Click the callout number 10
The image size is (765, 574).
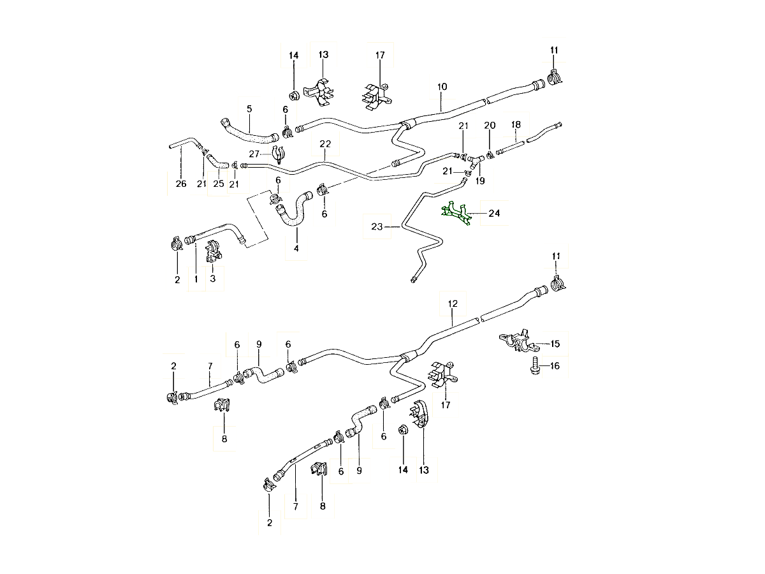pos(442,86)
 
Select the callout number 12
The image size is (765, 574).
pos(453,304)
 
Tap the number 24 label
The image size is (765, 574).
pos(494,213)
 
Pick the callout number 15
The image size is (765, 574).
pos(555,344)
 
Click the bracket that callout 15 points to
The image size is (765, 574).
pos(516,341)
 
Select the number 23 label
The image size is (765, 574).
pos(376,226)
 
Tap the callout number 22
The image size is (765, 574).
pos(325,144)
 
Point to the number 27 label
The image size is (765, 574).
pos(254,154)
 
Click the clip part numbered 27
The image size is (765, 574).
pos(278,154)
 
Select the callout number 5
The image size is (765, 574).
pos(249,109)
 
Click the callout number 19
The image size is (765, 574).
pos(480,181)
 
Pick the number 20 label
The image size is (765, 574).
pos(490,125)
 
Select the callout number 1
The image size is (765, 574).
pos(196,279)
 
